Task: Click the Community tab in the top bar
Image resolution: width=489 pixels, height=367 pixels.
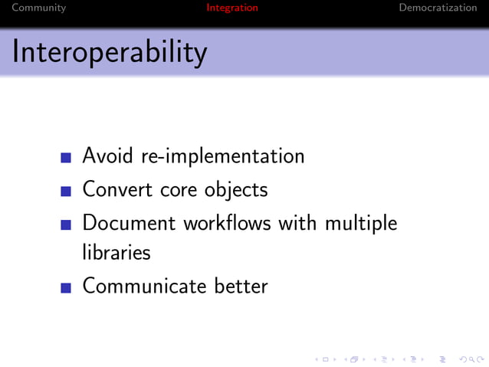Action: click(39, 8)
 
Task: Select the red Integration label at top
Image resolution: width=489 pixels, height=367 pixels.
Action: click(232, 8)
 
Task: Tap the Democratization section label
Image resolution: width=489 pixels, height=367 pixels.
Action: click(438, 8)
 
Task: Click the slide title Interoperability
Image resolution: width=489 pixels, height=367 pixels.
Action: click(110, 52)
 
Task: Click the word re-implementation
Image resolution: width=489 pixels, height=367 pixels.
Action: click(222, 157)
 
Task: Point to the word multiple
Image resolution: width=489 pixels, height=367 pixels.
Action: click(361, 224)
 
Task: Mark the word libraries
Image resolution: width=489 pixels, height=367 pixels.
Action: click(117, 252)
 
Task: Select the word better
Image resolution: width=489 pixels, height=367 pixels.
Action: click(241, 287)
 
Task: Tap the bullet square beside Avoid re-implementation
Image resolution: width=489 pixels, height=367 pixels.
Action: click(66, 159)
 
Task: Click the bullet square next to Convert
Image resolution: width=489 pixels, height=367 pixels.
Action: click(66, 191)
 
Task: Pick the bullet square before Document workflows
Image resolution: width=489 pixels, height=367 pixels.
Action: click(66, 225)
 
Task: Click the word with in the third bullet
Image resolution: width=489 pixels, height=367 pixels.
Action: click(298, 223)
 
